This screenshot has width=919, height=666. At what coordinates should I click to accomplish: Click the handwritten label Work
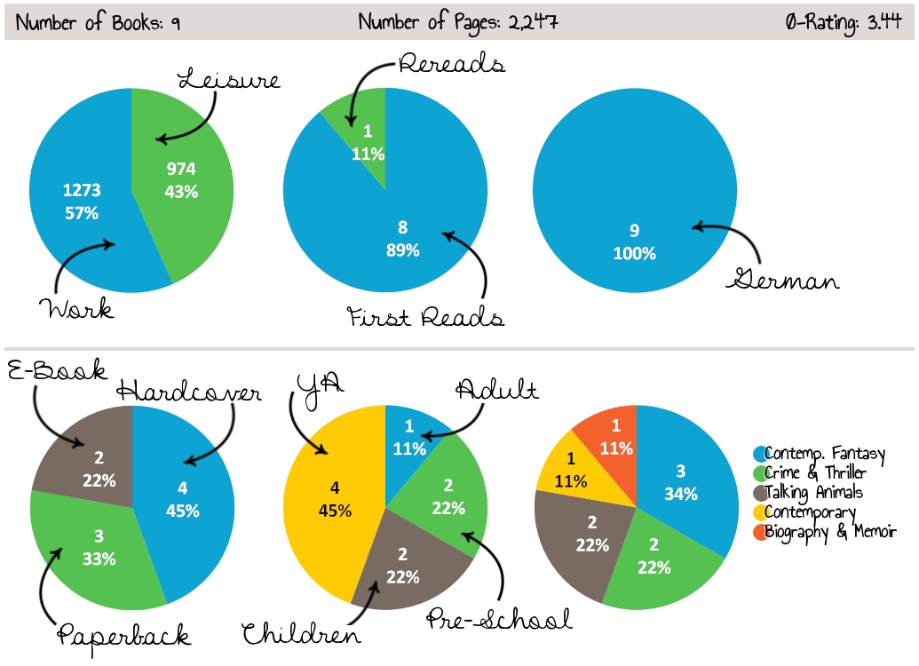pyautogui.click(x=75, y=310)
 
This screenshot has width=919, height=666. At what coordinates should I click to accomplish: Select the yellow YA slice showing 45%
pyautogui.click(x=333, y=497)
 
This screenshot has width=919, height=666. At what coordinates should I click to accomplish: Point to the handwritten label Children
pyautogui.click(x=302, y=633)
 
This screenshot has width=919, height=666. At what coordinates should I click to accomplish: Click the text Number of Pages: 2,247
pyautogui.click(x=458, y=22)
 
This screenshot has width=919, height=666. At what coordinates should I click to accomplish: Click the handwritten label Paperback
pyautogui.click(x=124, y=634)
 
